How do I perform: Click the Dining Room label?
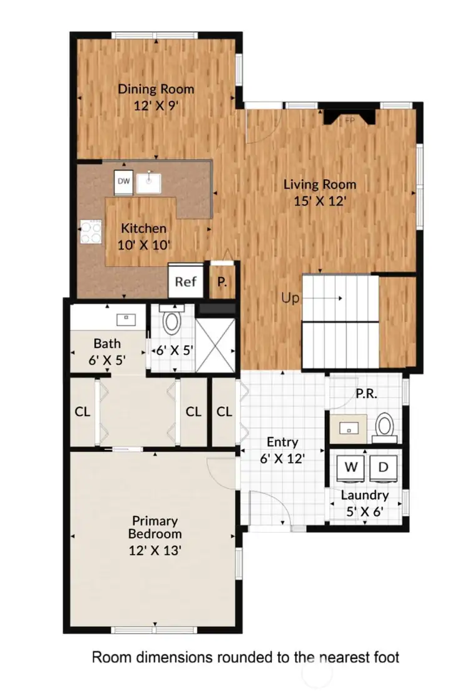156,97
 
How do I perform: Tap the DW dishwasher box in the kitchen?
123,182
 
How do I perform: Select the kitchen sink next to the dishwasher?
149,182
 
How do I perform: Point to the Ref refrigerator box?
185,281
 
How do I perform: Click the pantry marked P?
221,281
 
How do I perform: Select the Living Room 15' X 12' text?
320,192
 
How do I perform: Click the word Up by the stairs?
291,299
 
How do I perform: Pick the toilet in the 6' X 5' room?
171,321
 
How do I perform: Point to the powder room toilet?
385,426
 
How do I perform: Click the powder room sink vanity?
348,428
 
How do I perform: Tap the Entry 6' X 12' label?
282,449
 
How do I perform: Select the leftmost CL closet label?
82,412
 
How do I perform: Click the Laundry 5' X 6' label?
365,503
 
